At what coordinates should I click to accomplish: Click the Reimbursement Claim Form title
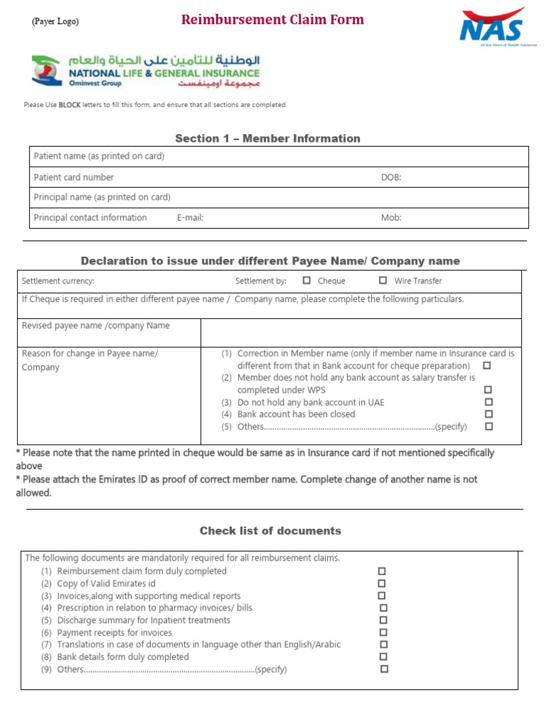272,20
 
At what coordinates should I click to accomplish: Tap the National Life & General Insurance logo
146,71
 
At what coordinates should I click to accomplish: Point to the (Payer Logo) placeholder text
55,21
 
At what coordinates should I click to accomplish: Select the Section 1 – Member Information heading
268,138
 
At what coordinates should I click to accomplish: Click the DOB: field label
391,177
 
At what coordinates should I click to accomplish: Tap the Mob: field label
391,218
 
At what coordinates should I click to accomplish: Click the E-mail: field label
190,218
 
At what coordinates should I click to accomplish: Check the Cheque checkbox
307,280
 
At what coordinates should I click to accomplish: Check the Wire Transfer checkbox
383,280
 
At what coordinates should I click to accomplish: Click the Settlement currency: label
58,281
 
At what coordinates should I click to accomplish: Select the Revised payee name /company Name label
96,325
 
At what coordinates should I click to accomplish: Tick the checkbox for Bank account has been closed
488,414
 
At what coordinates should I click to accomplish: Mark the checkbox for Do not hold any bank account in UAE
488,402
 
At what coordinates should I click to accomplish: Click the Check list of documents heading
270,530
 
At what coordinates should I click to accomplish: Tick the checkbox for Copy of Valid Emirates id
382,583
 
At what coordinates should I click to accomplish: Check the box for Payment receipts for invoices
383,632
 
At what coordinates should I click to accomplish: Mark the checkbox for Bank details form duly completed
383,657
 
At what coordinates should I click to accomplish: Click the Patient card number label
74,177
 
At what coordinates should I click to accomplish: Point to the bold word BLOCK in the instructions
69,105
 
